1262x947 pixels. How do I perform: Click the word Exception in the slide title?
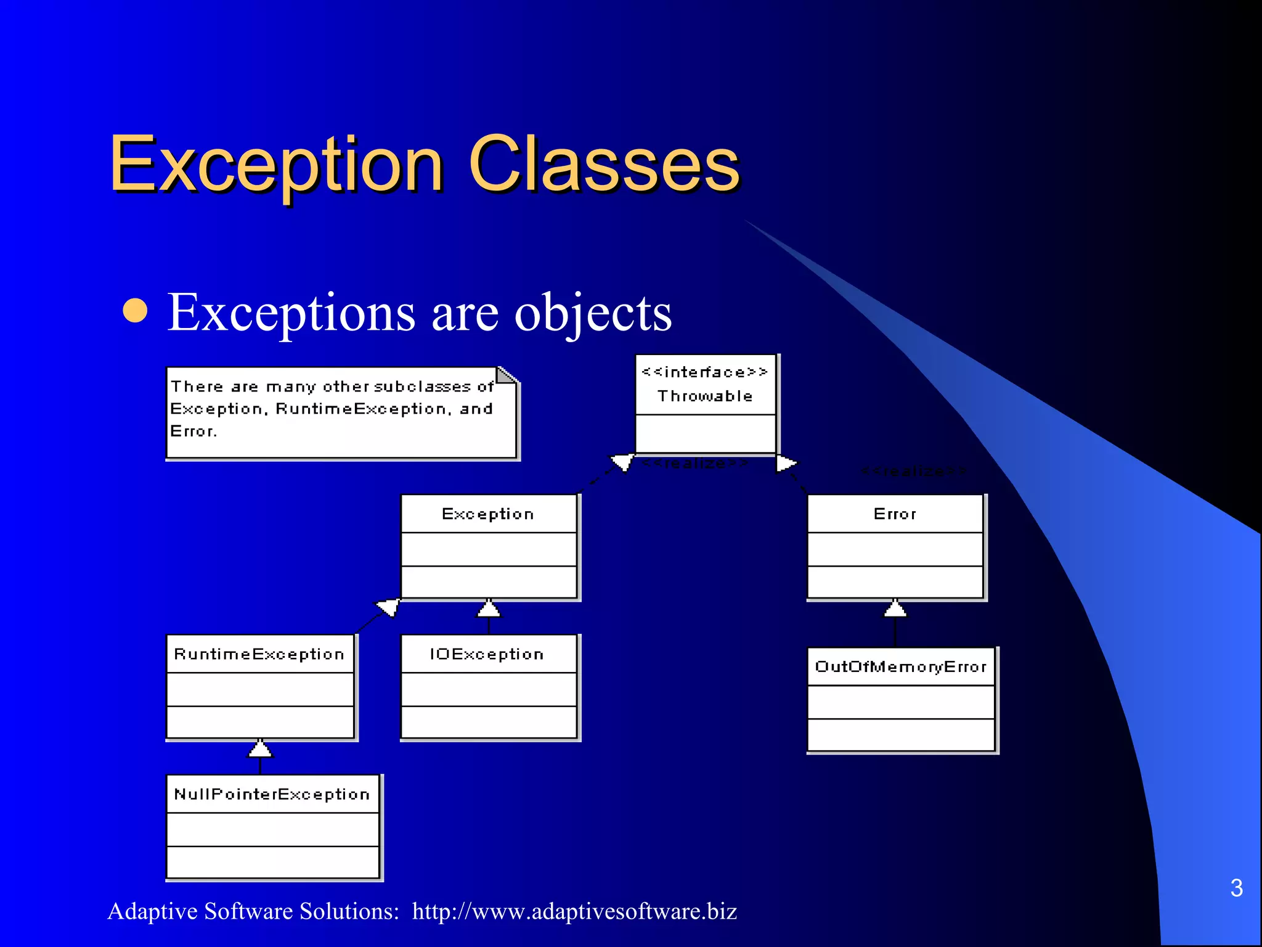point(275,165)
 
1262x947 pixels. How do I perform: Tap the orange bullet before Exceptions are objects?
point(135,311)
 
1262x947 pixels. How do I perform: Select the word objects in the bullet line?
point(593,313)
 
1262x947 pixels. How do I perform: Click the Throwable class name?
point(705,396)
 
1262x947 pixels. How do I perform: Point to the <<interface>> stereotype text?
point(705,372)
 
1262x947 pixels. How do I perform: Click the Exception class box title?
point(488,514)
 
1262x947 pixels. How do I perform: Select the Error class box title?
point(895,514)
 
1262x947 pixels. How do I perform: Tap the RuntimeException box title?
point(259,654)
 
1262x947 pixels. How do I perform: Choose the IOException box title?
point(487,654)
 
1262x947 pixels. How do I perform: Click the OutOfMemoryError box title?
point(901,666)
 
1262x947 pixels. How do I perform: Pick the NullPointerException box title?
point(272,794)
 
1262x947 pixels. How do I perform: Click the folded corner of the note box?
point(506,375)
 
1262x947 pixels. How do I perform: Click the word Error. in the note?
point(193,432)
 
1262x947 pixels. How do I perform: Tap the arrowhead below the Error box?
point(895,609)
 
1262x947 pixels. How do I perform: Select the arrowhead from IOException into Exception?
point(489,609)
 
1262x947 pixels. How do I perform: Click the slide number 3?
point(1236,888)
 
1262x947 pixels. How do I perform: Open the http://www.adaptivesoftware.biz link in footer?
point(574,911)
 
